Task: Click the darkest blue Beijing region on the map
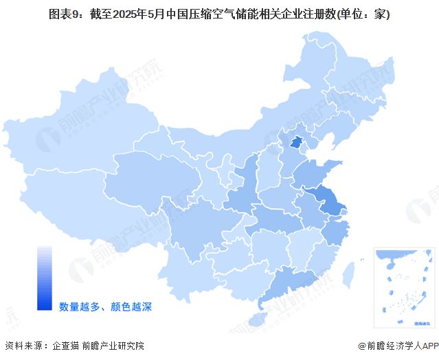[x=296, y=142]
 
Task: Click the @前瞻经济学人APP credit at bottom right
[x=397, y=346]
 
